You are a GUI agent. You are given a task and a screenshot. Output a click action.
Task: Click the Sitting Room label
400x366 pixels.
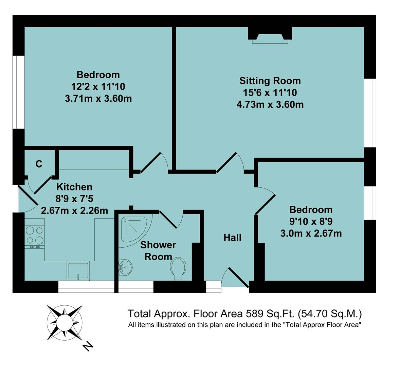pos(270,81)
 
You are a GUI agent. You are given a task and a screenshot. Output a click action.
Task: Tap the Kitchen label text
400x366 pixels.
pos(74,187)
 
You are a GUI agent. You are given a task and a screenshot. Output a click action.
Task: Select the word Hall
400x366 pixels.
pos(232,238)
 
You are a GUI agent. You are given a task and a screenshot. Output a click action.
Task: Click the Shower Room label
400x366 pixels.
pos(158,250)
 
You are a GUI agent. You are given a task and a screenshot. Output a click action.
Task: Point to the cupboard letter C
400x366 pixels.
pos(39,164)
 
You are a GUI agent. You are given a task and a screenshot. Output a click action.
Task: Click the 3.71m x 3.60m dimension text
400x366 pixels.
pos(98,99)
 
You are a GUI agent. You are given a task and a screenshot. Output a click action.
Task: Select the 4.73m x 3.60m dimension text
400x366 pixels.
pos(270,104)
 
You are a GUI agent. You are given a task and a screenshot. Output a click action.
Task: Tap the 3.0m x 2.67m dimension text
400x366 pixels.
pos(311,233)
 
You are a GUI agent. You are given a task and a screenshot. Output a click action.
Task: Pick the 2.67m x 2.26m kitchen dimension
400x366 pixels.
pos(74,210)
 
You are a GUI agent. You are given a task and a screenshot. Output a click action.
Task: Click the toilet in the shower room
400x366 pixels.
pos(179,268)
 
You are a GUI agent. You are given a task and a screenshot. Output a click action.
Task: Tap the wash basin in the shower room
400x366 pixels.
pos(126,267)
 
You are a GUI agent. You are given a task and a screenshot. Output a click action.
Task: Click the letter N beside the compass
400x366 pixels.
pos(88,346)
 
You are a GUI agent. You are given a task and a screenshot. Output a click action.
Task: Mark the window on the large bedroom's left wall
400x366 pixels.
pos(18,92)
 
